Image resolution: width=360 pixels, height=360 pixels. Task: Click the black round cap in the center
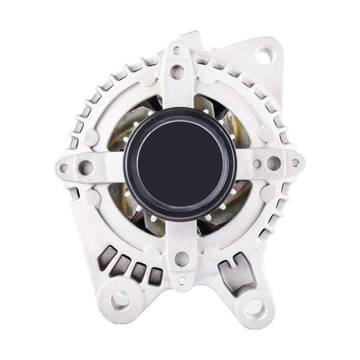click(180, 163)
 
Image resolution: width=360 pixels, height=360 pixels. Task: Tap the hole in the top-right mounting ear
click(264, 56)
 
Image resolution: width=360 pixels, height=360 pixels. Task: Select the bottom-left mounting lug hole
click(121, 298)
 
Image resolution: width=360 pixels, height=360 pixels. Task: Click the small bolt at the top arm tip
click(177, 51)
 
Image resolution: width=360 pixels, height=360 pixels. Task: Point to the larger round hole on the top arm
click(177, 72)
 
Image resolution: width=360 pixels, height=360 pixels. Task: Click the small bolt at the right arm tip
click(295, 163)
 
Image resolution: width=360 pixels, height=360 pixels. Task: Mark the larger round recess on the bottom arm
click(181, 259)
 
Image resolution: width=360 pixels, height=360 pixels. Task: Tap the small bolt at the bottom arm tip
click(181, 281)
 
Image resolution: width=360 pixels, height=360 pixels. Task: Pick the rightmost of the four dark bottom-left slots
click(155, 275)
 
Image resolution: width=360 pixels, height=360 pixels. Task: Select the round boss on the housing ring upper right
click(265, 133)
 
